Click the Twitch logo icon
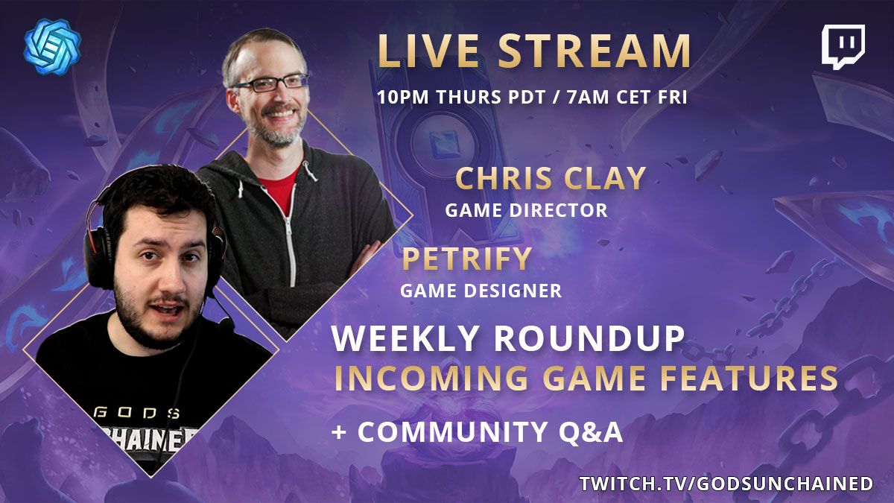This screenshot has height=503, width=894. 843,47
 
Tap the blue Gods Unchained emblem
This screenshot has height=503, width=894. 52,51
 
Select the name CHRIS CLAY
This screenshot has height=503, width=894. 550,179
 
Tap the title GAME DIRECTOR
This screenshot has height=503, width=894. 526,211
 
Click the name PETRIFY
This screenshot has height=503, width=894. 467,259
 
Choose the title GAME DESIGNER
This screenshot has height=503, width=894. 481,291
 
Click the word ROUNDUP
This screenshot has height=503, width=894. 589,340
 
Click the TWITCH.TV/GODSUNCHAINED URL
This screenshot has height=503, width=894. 726,483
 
